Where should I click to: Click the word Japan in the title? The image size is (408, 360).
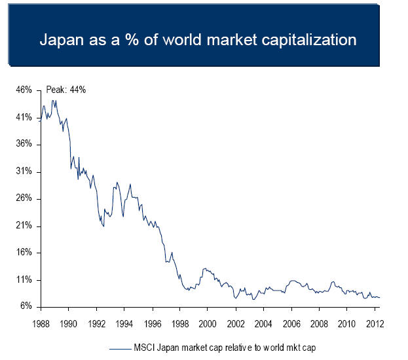62,39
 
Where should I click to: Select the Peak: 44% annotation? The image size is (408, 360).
66,90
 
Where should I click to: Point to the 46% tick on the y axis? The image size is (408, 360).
24,90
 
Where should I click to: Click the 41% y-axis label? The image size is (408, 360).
24,117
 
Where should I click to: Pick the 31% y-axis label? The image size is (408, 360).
24,171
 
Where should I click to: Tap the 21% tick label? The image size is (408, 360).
24,226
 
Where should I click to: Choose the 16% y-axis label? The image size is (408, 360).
24,253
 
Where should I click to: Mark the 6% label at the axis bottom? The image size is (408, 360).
26,306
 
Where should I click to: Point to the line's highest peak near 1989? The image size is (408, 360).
54,100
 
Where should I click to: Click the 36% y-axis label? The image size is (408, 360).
24,145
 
